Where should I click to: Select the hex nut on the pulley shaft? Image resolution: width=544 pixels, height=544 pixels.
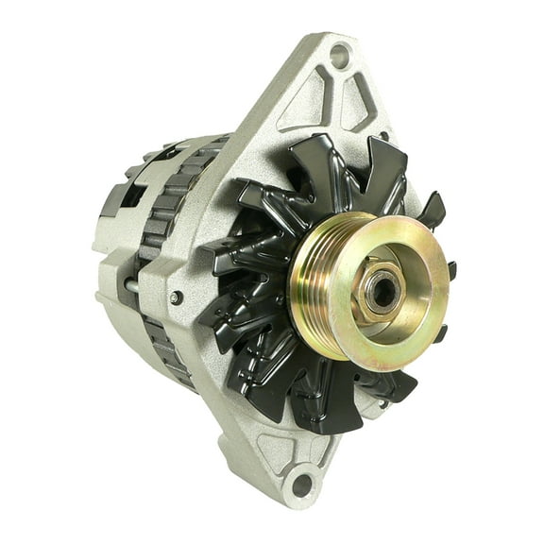coord(379,294)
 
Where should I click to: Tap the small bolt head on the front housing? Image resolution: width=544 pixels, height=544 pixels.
coord(176,297)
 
